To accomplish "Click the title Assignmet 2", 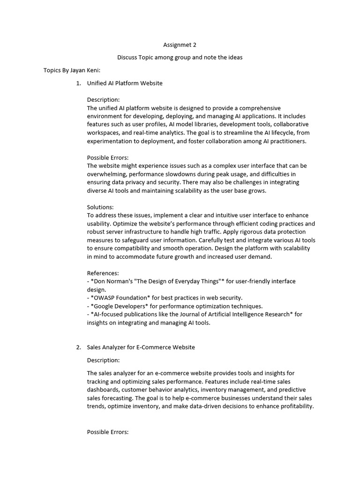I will (180, 45).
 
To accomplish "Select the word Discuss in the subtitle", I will (127, 57).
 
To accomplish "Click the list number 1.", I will (78, 83).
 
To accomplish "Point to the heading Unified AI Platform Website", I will (125, 83).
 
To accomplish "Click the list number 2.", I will (78, 347).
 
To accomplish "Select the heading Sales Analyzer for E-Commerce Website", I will (141, 347).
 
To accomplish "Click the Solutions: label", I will (100, 207).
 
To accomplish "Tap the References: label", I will (103, 273).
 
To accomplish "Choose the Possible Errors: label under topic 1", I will (108, 157).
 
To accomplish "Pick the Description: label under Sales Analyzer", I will (103, 360).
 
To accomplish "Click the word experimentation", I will (110, 141).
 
